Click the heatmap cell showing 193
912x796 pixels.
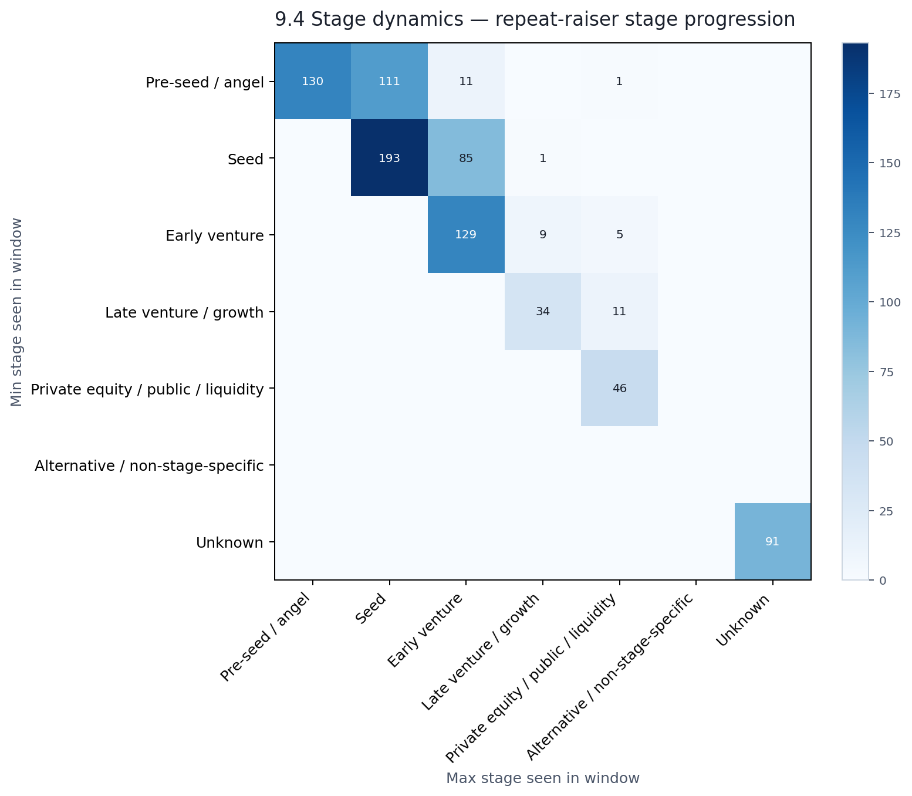tap(389, 158)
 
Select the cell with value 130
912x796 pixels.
tap(313, 82)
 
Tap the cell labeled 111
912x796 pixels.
tap(389, 82)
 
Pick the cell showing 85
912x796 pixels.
tap(466, 158)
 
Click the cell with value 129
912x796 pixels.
tap(466, 235)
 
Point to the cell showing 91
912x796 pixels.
tap(772, 542)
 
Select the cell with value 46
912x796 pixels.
tap(619, 389)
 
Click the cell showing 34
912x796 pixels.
tap(543, 312)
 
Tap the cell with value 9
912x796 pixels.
tap(543, 235)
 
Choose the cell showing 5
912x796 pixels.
tap(619, 235)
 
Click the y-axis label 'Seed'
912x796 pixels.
tap(245, 159)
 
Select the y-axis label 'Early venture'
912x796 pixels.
tap(214, 236)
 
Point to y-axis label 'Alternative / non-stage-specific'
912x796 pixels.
tap(148, 466)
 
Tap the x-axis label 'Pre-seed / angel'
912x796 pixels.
tap(268, 638)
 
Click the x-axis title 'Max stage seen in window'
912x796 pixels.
tap(542, 778)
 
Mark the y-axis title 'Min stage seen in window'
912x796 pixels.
tap(16, 312)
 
